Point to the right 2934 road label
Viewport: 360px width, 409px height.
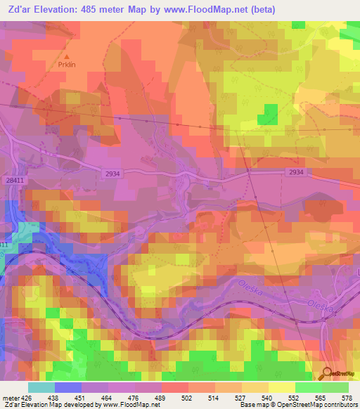tap(296, 172)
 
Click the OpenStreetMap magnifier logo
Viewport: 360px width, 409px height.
tap(328, 372)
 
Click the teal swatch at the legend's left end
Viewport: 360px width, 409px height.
tap(41, 387)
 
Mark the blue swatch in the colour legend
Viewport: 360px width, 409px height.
tap(68, 387)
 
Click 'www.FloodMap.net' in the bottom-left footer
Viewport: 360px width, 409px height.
tap(129, 405)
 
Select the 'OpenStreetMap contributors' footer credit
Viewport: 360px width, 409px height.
tap(320, 405)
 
